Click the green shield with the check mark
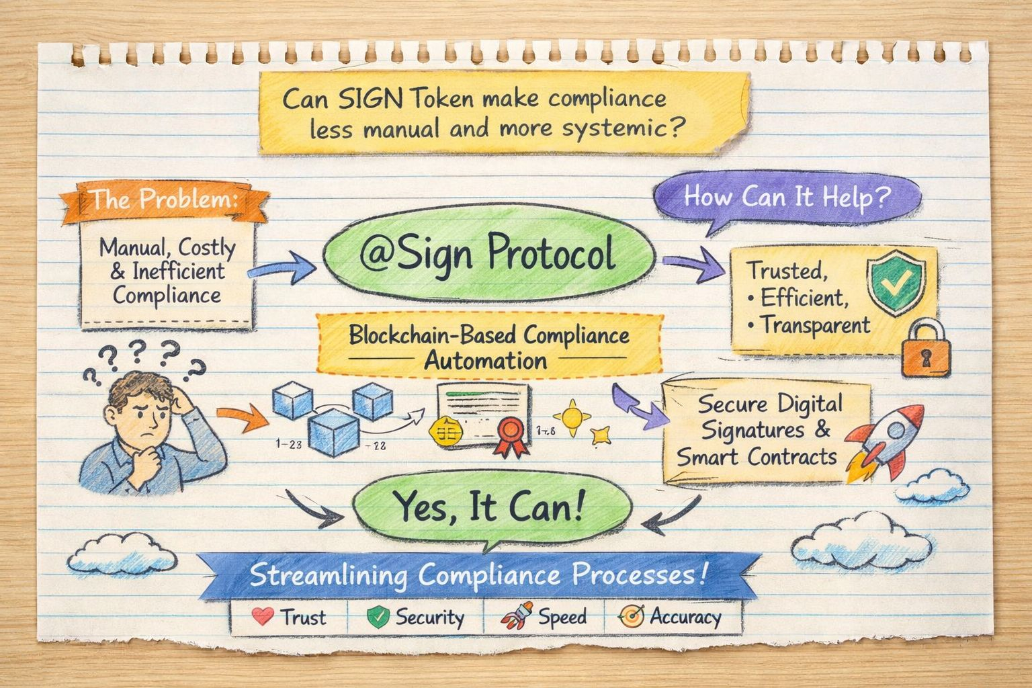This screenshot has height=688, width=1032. [896, 285]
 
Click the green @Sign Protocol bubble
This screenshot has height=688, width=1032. [488, 255]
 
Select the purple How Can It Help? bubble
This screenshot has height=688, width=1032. [786, 198]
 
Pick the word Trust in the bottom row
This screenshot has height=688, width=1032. [304, 616]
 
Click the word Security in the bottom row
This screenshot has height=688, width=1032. [429, 617]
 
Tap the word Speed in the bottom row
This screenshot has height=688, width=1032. [562, 616]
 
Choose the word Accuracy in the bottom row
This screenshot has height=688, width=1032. [685, 616]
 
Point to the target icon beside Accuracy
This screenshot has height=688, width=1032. [632, 615]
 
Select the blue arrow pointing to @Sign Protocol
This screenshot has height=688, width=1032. [282, 268]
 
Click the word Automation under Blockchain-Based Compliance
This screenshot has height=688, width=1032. [485, 361]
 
